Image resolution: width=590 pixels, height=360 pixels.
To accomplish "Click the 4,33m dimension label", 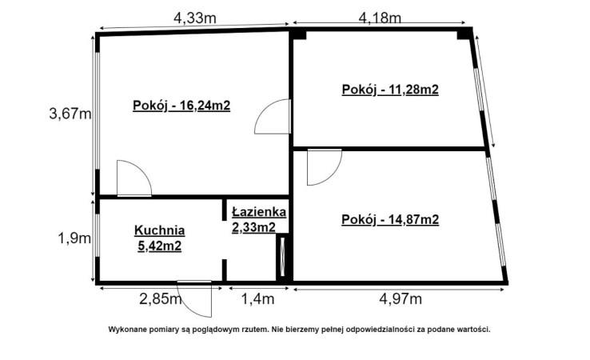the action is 194,18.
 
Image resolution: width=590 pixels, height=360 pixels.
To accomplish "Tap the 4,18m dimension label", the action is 380,18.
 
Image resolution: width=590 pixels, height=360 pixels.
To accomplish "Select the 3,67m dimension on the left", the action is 70,114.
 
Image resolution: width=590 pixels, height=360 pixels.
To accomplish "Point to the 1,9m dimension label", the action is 74,238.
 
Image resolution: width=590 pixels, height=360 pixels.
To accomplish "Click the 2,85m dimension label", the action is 161,299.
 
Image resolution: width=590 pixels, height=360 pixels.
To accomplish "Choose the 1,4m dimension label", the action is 257,299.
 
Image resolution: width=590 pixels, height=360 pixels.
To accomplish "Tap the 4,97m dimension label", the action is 401,299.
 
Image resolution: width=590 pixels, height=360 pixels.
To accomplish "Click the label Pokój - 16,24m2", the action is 181,106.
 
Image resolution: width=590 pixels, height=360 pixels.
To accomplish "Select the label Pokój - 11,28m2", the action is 390,90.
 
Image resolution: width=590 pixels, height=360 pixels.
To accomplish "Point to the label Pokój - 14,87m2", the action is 390,219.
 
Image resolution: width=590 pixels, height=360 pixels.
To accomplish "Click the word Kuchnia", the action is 160,230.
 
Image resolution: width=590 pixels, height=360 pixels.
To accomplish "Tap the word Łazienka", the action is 259,212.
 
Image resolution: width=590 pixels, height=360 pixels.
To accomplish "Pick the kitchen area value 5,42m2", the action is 160,246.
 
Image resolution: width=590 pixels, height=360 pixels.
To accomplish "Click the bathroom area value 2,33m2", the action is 253,227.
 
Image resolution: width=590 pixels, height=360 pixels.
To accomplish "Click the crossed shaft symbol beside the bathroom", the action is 282,257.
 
